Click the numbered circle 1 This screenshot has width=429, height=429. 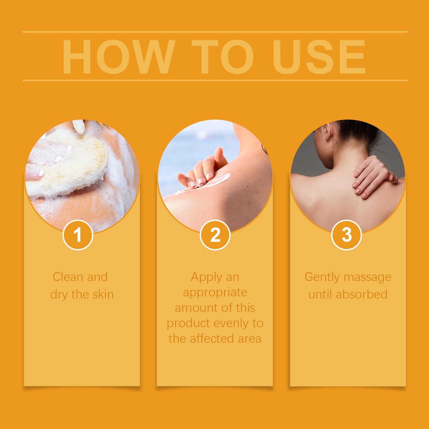78,235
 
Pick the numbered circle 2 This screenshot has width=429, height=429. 215,235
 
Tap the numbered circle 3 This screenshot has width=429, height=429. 347,235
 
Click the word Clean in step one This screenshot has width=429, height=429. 68,277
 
